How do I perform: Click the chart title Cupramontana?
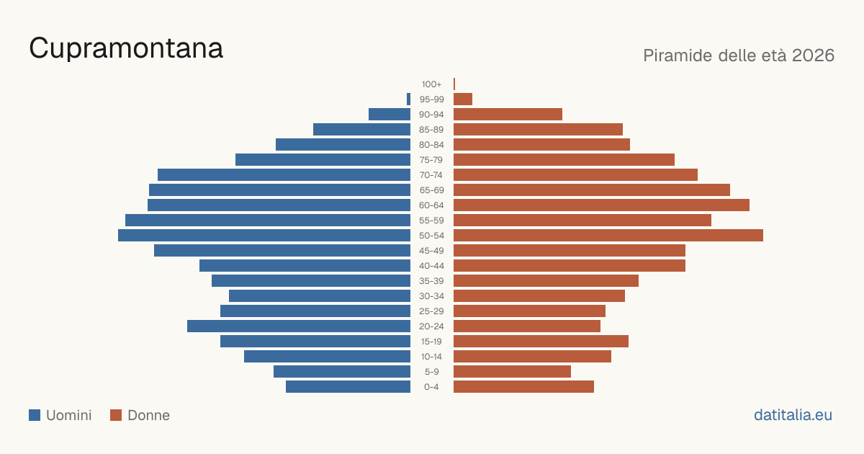point(126,48)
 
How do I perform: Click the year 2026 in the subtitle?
point(813,55)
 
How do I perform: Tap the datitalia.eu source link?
point(793,415)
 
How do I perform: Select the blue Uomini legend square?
point(35,415)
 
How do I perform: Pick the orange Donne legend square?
point(116,415)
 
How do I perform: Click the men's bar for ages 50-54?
point(264,236)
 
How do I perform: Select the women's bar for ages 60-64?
point(601,205)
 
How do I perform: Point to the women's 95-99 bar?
point(463,99)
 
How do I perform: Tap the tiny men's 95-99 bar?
point(408,99)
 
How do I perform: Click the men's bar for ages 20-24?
point(299,326)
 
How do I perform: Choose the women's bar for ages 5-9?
point(512,372)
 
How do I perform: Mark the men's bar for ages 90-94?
point(390,115)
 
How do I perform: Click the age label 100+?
point(431,84)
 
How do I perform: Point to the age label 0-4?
point(431,387)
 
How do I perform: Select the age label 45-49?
point(431,251)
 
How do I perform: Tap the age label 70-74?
point(431,175)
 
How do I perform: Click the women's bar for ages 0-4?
point(524,387)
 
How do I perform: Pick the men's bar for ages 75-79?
point(323,160)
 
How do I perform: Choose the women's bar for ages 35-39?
point(546,280)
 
